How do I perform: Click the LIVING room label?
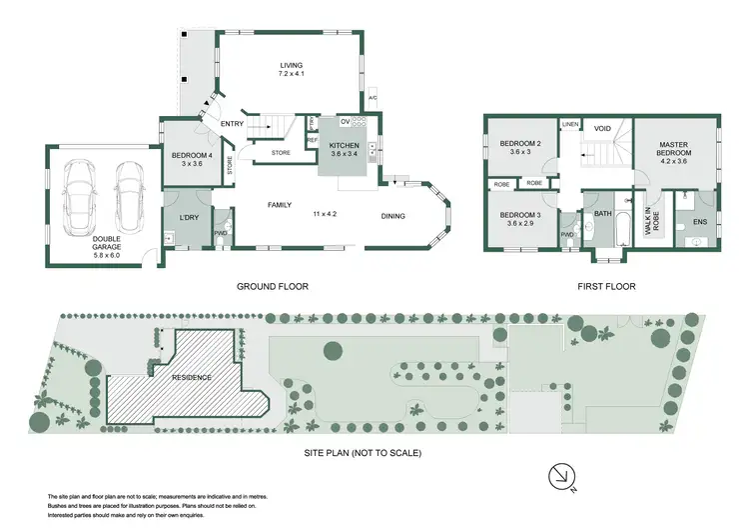point(291,66)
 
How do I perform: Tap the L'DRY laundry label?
point(190,219)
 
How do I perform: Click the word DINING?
point(394,215)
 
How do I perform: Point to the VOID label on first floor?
point(602,128)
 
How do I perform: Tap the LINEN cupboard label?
point(570,124)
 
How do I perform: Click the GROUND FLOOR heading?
point(272,286)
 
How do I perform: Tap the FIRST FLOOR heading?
point(605,286)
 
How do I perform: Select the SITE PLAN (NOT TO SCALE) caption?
point(363,453)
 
